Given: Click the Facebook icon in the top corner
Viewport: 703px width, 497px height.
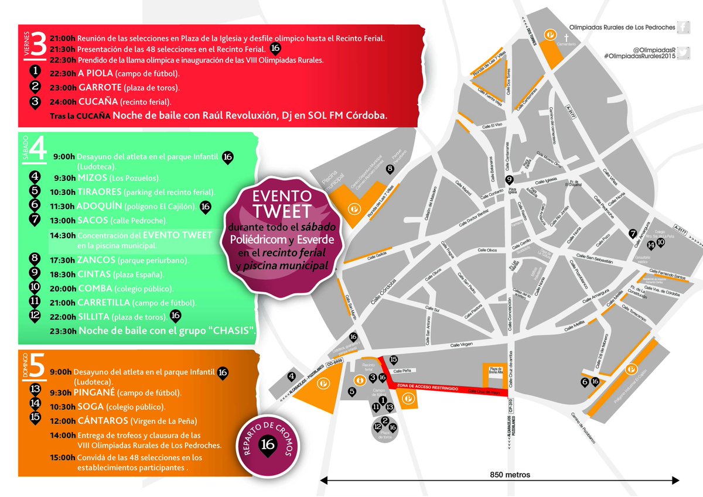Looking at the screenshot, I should [684, 26].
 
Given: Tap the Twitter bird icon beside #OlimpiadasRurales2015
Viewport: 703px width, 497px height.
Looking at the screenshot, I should [684, 51].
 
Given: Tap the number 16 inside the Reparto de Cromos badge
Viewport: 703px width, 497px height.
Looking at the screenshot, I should [269, 443].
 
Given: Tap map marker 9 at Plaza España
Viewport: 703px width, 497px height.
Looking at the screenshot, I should [509, 180].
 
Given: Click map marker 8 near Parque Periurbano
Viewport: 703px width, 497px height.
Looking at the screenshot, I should [390, 169].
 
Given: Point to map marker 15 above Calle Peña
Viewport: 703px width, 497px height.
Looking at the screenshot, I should [394, 360].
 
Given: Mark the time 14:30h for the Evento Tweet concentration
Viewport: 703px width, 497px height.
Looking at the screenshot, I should [63, 235].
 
